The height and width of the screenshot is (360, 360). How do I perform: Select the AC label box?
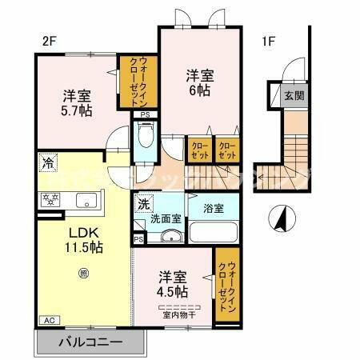[46, 320]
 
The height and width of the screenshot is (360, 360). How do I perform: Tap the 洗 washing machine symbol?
[142, 203]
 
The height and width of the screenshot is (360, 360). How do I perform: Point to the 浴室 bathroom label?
[212, 208]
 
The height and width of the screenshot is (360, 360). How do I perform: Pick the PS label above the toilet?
[144, 115]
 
